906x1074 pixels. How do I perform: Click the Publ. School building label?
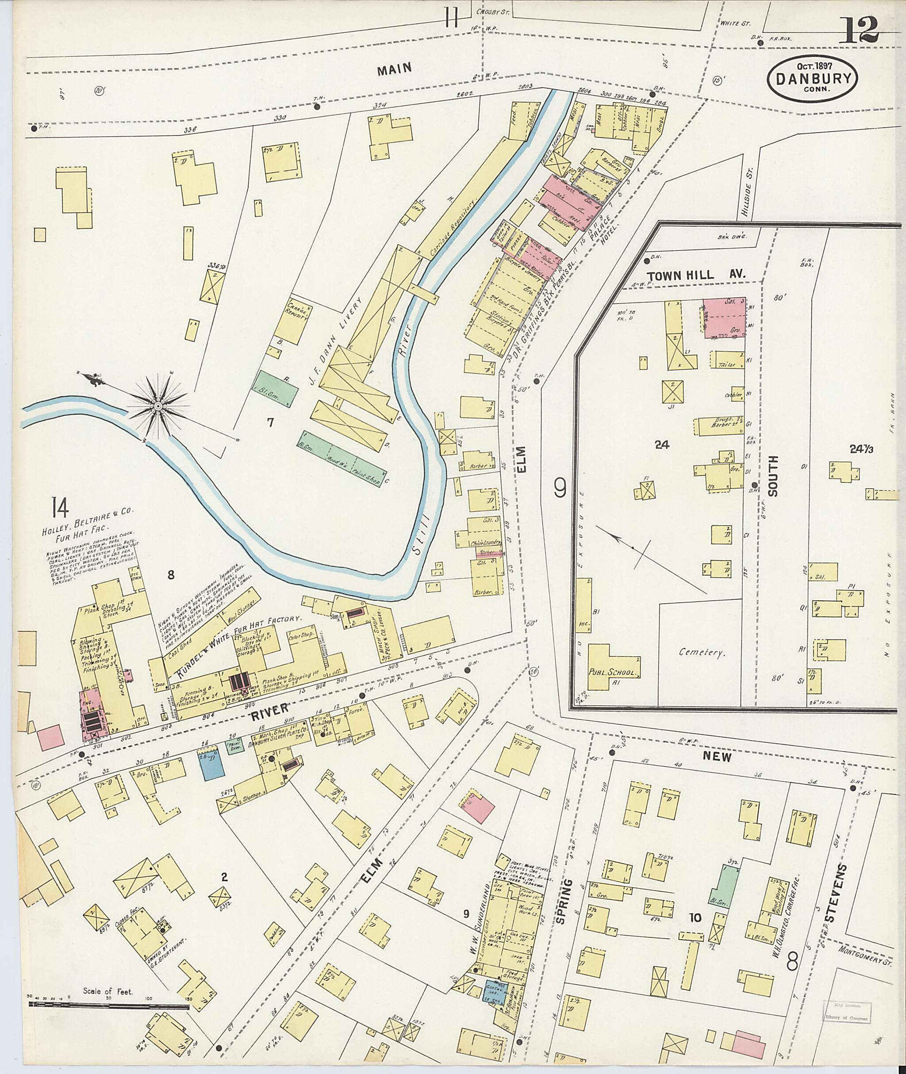pos(613,673)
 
